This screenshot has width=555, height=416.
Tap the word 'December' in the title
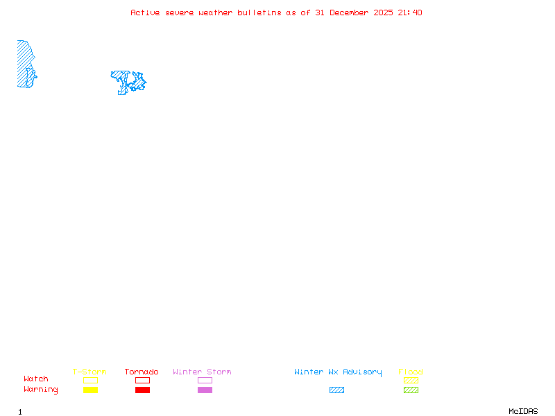pos(351,12)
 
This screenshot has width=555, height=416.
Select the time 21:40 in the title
pos(410,12)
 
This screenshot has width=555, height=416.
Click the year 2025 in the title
pos(384,12)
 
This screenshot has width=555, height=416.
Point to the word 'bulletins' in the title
pos(259,12)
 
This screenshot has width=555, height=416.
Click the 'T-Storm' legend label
pos(89,372)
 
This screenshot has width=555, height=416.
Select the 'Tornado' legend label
pos(142,372)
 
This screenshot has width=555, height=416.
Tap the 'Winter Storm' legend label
pos(202,372)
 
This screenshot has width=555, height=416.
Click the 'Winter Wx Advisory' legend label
pos(338,372)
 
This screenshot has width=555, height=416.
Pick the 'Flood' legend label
pos(411,372)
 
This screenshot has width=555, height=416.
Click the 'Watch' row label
pos(36,379)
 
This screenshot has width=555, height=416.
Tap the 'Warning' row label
pos(41,390)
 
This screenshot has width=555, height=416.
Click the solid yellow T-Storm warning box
pos(90,390)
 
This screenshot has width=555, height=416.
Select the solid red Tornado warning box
pos(142,390)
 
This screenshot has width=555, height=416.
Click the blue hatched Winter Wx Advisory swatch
pos(336,390)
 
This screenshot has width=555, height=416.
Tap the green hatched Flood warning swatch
pos(411,390)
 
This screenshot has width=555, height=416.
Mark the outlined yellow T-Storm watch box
pos(90,380)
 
